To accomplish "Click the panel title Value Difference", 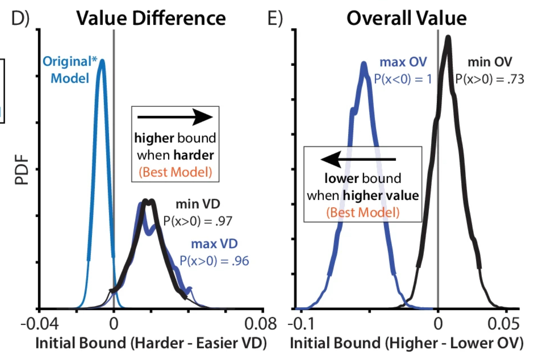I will point(151,18).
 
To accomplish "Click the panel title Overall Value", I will point(406,18).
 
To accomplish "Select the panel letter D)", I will point(20,18).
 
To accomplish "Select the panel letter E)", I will point(275,18).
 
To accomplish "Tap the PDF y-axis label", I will point(22,170).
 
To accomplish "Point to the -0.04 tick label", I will point(40,324).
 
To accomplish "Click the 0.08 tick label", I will point(260,324).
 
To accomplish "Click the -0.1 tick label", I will point(301,324).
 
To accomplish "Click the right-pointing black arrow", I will point(175,117).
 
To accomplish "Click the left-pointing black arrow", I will point(358,159).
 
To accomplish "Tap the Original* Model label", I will point(70,70).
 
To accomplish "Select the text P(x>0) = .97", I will point(198,221).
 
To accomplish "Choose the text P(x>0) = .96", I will point(215,261).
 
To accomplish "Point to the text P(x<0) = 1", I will point(403,79).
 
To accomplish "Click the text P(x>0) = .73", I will point(489,79).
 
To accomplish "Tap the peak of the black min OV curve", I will point(448,38).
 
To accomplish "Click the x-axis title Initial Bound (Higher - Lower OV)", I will point(406,343).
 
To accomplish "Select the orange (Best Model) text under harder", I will point(175,172).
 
